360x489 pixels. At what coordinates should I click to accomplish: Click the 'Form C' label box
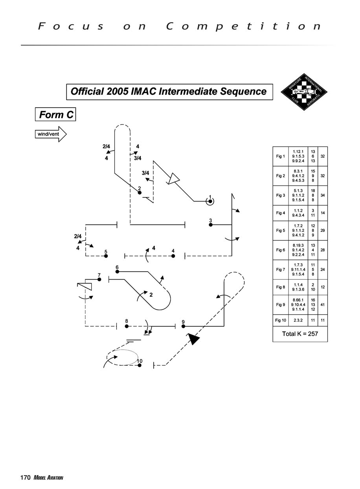(55, 114)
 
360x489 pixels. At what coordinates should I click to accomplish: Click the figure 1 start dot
(210, 201)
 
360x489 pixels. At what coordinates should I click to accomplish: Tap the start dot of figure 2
(140, 192)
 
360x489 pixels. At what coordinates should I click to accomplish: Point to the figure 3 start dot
(211, 225)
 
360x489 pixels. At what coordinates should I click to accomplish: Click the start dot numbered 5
(106, 256)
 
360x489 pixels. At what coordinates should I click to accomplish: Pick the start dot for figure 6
(117, 271)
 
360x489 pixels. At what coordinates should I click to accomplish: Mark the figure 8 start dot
(127, 326)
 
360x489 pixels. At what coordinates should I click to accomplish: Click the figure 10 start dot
(140, 365)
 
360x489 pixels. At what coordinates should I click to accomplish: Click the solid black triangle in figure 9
(193, 339)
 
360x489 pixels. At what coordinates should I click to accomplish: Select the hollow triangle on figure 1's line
(173, 179)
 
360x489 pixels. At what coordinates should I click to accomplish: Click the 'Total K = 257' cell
(300, 334)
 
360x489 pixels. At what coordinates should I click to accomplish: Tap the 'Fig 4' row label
(280, 213)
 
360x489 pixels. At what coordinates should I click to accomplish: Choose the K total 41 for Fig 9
(322, 304)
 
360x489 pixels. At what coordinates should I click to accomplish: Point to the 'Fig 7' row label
(280, 269)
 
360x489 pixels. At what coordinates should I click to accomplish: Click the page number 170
(26, 478)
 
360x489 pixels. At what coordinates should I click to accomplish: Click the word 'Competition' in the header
(244, 27)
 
